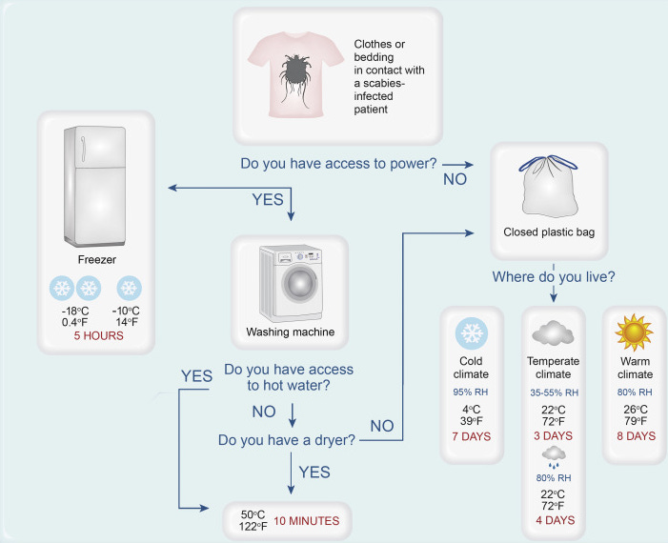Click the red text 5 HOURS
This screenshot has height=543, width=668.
(x=93, y=335)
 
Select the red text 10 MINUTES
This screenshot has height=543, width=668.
(x=307, y=521)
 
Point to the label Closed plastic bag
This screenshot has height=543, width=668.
(x=549, y=231)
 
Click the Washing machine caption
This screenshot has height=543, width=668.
(x=290, y=332)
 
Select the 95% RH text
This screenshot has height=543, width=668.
(x=472, y=392)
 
